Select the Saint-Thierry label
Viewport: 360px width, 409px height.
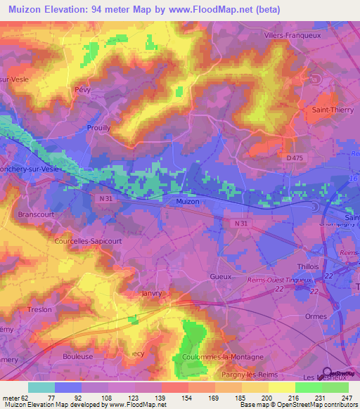(331, 110)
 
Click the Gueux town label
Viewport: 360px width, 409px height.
(220, 277)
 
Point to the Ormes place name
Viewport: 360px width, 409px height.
(318, 317)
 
